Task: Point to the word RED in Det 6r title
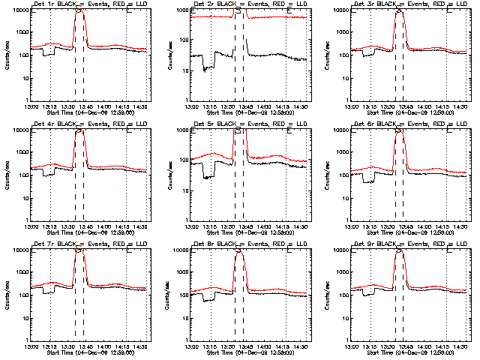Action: coord(430,124)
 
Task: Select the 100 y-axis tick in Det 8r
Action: coord(184,295)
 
